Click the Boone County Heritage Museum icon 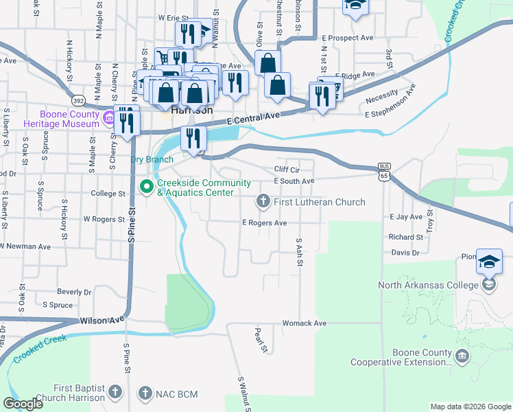(108, 119)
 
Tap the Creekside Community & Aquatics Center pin (146, 186)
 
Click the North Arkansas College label (427, 285)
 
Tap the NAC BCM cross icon (145, 393)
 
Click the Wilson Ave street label (102, 320)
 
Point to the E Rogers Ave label (264, 223)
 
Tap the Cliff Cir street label (288, 169)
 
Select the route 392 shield (80, 99)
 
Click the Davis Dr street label (405, 253)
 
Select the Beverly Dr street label (74, 292)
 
